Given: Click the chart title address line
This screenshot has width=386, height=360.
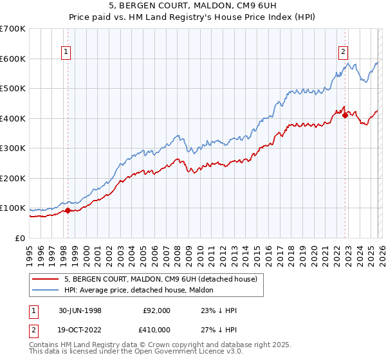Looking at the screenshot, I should pos(192,6).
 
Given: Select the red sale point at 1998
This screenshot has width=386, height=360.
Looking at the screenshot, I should pos(68,210).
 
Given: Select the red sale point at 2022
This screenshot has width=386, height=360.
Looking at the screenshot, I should pos(345,115).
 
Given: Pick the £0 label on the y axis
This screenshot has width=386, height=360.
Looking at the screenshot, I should pos(21,239).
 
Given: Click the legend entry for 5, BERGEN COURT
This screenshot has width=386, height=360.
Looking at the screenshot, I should pos(160,279).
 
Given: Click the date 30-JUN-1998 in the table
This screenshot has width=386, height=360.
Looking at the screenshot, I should pos(80,310).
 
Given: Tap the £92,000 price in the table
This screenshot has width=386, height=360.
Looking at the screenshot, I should pos(156,310).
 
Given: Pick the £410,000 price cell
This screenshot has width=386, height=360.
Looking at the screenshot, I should pos(156,332).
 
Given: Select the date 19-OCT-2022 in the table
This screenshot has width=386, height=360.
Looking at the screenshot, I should pos(80,332).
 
